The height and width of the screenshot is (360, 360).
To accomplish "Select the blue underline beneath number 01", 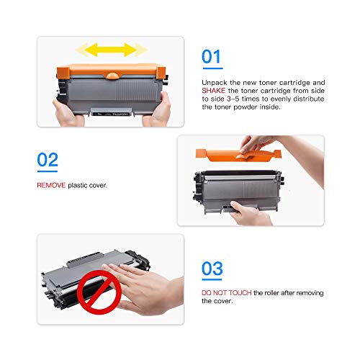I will [211, 72].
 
